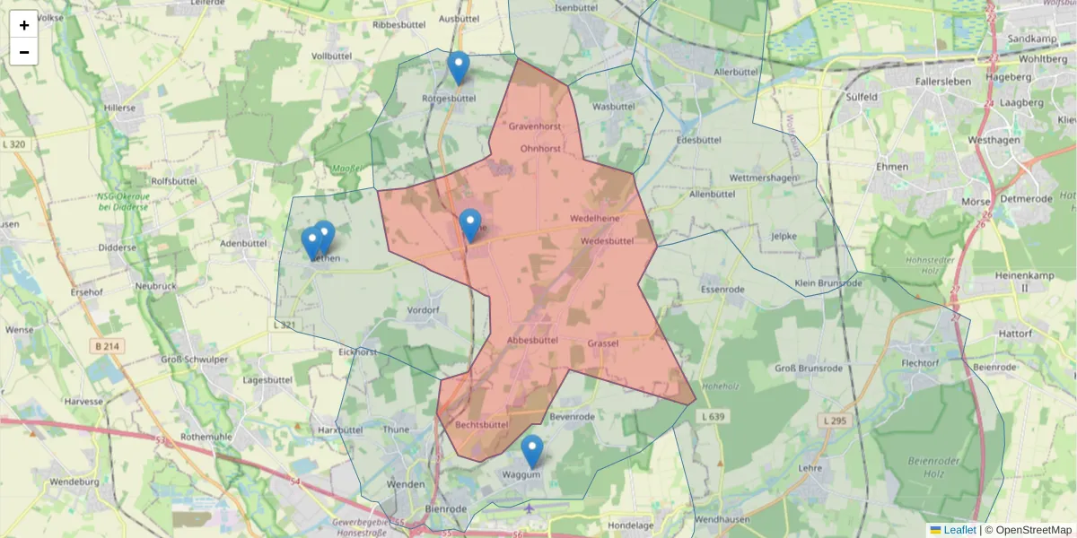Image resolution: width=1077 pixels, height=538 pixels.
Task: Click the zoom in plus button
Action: coord(23,25)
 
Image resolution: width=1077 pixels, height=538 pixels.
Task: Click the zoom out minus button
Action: coord(23,52)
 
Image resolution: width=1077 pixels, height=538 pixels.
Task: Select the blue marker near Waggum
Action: coord(532,451)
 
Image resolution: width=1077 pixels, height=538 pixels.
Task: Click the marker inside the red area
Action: coord(469,225)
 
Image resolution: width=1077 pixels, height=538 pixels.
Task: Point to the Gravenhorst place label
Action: coord(534,127)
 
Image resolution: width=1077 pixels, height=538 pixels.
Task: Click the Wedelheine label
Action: coord(594,219)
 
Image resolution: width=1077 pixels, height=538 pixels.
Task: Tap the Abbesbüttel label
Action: coord(533,340)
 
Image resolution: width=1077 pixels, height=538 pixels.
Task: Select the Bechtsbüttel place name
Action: coord(483,424)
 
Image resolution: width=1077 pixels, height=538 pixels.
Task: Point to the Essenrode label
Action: coord(723,290)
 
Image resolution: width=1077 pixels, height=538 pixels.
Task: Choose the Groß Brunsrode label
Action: coord(809,369)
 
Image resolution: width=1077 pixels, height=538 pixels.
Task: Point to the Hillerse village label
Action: coord(119,108)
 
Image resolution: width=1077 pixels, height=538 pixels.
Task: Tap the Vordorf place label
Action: coord(423,310)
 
